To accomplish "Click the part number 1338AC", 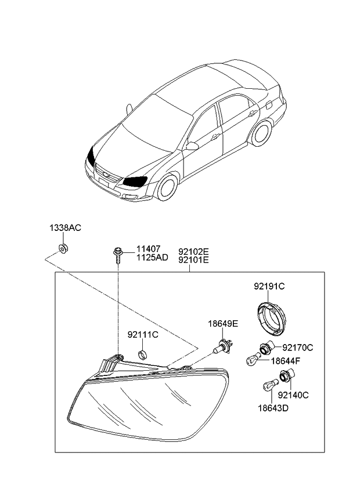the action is click(65, 228).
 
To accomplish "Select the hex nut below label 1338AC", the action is click(64, 248).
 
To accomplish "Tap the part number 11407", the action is click(148, 249).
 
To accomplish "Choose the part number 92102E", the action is click(193, 252).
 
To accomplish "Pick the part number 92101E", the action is click(193, 260).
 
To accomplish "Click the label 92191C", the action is click(269, 286).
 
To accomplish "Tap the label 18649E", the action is click(223, 324).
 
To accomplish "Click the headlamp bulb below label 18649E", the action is click(223, 347).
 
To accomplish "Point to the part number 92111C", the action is click(143, 335).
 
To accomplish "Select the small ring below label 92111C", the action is click(143, 354).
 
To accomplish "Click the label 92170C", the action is click(298, 348).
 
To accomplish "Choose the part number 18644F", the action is click(286, 361).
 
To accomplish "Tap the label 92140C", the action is click(293, 395).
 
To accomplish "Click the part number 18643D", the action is click(273, 408).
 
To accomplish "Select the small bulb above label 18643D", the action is click(270, 385).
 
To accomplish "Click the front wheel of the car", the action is click(167, 187).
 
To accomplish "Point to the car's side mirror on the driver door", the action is click(192, 146).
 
